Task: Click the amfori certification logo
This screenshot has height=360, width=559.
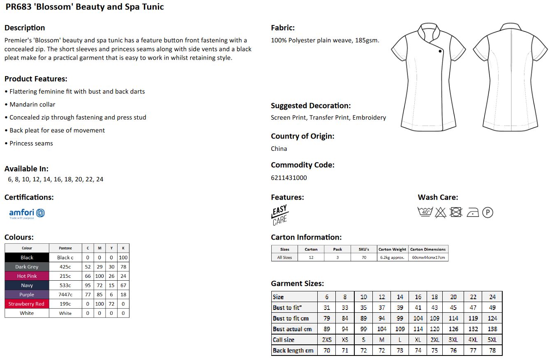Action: [x=27, y=213]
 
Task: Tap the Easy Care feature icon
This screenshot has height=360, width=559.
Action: [x=279, y=215]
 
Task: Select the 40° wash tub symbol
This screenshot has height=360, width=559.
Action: [x=425, y=212]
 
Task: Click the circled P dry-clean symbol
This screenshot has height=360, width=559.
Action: [x=487, y=212]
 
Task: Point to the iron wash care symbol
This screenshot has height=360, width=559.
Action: [x=473, y=212]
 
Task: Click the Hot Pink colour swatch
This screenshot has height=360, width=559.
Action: [x=27, y=276]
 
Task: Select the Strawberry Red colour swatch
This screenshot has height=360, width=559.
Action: [x=27, y=304]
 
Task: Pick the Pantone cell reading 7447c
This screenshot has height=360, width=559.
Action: [x=65, y=295]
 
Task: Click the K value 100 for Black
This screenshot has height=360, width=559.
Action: [x=123, y=258]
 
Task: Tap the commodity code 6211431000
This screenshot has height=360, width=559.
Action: [x=289, y=178]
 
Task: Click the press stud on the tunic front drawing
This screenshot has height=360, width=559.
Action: [x=440, y=51]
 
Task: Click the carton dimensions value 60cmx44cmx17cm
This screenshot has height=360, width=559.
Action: [x=428, y=258]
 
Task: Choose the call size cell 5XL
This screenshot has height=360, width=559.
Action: [x=492, y=340]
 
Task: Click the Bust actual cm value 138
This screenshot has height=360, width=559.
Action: [x=492, y=329]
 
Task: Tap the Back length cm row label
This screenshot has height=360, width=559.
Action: [x=293, y=351]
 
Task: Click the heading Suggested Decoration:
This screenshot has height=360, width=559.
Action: [x=310, y=106]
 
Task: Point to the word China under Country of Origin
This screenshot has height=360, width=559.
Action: [x=279, y=149]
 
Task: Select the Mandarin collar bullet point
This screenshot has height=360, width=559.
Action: [x=32, y=105]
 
